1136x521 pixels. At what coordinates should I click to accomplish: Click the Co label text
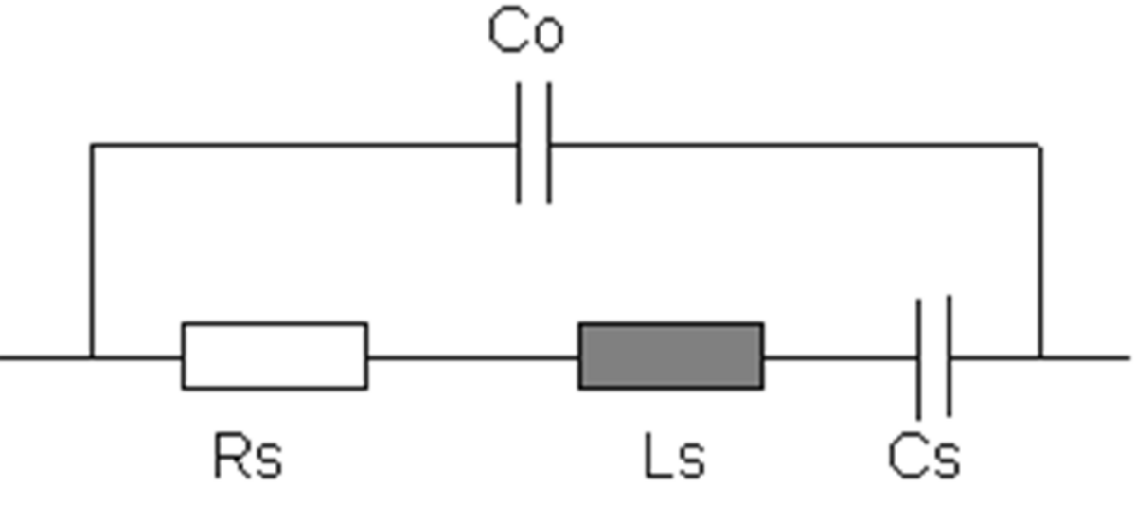(x=526, y=30)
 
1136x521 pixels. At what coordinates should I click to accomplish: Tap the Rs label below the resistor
(x=248, y=456)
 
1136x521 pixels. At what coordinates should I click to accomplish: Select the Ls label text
(x=674, y=456)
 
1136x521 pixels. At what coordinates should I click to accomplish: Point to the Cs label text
(x=924, y=456)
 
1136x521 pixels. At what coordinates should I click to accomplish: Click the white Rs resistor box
(x=275, y=356)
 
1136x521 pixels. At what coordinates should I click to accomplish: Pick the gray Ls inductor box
(x=671, y=356)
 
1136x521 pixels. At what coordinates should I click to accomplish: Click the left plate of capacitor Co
(x=519, y=144)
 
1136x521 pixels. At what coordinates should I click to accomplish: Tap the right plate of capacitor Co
(x=549, y=144)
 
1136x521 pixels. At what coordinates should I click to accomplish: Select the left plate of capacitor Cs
(x=918, y=359)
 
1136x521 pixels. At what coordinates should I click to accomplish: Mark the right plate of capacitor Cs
(x=949, y=356)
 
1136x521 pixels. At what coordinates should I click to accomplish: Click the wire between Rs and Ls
(x=473, y=358)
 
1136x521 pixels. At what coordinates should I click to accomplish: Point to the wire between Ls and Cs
(x=841, y=358)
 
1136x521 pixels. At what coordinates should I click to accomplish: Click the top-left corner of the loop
(x=92, y=146)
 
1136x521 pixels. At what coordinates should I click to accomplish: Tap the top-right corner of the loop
(x=1040, y=146)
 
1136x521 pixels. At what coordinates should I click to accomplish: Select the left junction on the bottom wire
(x=92, y=358)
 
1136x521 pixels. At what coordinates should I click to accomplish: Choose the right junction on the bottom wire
(x=1040, y=358)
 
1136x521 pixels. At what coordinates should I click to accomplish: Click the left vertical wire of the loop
(x=92, y=252)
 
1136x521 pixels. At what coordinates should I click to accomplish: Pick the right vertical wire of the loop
(x=1040, y=252)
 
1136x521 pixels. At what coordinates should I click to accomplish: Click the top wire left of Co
(x=304, y=146)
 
